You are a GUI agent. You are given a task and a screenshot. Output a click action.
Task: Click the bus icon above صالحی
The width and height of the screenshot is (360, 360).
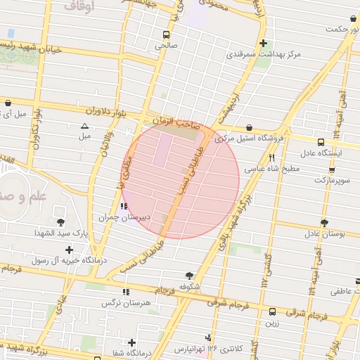167,34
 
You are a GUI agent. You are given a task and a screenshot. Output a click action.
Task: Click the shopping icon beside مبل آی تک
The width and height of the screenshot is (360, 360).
8,103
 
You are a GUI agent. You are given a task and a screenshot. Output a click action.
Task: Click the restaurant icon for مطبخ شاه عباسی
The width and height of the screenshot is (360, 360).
271,158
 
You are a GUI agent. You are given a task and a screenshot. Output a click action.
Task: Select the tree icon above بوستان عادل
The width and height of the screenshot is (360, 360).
324,223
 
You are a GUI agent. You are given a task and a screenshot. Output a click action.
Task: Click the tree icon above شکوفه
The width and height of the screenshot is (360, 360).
189,276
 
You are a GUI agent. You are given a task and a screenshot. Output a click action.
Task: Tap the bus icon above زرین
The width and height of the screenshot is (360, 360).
272,311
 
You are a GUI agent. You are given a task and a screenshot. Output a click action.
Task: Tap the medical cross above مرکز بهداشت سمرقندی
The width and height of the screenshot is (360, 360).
263,43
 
